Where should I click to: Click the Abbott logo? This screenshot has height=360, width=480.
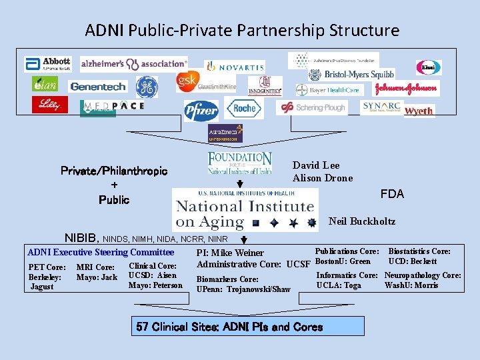(48, 64)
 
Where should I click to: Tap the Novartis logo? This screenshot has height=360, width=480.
(234, 66)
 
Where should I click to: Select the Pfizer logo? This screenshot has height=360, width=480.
(201, 109)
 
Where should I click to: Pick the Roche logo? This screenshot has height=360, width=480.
(244, 108)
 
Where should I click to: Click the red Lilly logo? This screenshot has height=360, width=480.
(49, 105)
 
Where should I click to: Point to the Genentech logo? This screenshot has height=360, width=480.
(97, 87)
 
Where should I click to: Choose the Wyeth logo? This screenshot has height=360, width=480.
(419, 111)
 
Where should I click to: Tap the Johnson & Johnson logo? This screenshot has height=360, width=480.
(406, 88)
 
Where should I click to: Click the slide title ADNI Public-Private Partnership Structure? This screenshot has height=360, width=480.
(242, 31)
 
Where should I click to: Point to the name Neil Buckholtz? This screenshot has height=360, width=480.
(362, 221)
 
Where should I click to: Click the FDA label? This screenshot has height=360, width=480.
(392, 194)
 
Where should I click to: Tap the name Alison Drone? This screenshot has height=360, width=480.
(323, 178)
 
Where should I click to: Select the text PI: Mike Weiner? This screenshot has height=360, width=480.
(230, 253)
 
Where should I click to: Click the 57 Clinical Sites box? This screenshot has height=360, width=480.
(229, 327)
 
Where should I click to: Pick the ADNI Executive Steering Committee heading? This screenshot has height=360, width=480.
(101, 252)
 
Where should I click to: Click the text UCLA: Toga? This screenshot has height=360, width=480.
(339, 285)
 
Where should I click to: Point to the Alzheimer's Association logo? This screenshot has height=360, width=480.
(134, 64)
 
